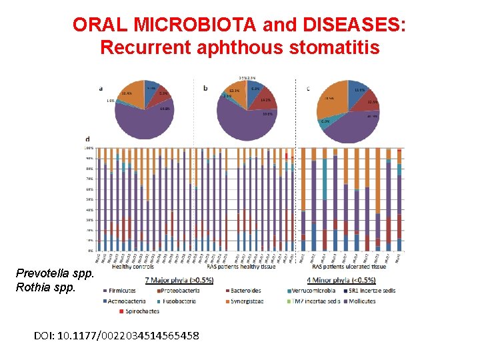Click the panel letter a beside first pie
click(100, 87)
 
